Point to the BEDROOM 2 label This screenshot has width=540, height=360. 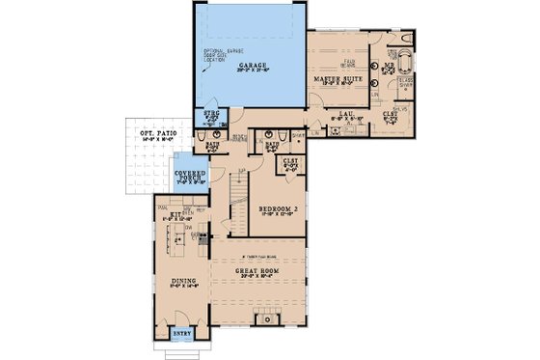pos(277,208)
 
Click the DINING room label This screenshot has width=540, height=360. pos(184,282)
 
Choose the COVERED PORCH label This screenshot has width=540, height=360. pos(188,178)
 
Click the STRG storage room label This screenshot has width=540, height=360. pos(212,115)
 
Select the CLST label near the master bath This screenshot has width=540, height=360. pos(390,116)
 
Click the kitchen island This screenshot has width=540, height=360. pos(180,242)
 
